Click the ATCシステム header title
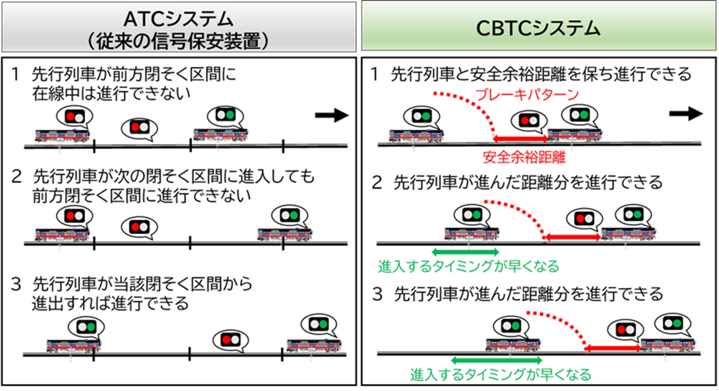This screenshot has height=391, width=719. [179, 19]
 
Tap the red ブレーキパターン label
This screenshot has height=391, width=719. [527, 94]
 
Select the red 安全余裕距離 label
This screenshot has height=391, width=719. [524, 157]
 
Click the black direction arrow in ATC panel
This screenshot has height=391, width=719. [332, 115]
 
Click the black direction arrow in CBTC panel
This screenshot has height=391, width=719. [686, 113]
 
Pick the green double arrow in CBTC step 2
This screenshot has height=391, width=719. [465, 252]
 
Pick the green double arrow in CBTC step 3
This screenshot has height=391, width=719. [496, 360]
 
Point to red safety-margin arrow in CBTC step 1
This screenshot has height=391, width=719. [520, 138]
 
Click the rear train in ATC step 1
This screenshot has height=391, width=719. [62, 136]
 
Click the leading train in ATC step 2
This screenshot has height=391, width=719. [285, 234]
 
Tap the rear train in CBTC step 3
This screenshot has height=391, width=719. [513, 345]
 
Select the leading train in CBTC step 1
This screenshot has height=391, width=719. [574, 135]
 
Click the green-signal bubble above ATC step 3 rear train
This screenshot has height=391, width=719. [86, 327]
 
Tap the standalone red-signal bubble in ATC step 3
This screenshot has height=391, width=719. [230, 340]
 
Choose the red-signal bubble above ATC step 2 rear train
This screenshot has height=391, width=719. [74, 216]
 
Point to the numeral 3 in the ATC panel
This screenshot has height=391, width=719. [16, 284]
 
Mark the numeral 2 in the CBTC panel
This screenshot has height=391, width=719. [377, 183]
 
